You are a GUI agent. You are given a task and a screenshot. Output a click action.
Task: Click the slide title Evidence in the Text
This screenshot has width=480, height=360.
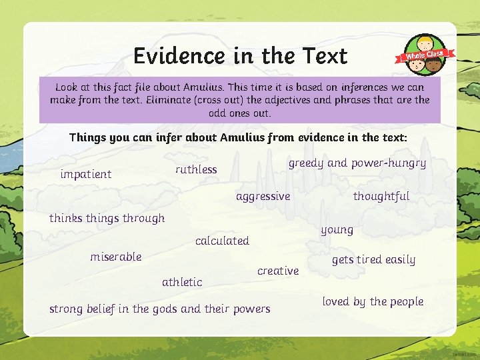(240, 55)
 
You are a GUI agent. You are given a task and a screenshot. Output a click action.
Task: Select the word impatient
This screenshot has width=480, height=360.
(86, 174)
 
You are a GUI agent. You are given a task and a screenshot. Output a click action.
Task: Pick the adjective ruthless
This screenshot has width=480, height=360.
(196, 169)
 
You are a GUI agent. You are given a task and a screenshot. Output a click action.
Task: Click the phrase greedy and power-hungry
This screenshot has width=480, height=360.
(357, 163)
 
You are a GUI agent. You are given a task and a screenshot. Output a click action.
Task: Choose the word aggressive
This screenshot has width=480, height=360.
(263, 196)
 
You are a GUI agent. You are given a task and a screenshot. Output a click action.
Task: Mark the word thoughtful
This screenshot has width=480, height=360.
(381, 196)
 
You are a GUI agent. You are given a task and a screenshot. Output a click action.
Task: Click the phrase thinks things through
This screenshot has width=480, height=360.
(107, 218)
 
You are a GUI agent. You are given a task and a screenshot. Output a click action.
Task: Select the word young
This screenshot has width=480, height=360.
(337, 230)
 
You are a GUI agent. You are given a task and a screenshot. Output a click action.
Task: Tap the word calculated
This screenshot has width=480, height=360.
(222, 241)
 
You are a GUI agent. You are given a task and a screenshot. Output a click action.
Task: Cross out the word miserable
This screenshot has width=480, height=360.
(116, 257)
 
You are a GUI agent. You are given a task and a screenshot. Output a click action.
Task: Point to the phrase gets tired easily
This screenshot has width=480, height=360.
(373, 259)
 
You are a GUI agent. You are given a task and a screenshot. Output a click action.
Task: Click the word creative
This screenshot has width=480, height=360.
(278, 271)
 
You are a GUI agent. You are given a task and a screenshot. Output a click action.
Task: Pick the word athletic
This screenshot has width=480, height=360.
(182, 282)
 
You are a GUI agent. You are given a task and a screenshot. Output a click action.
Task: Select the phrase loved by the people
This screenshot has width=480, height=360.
(373, 301)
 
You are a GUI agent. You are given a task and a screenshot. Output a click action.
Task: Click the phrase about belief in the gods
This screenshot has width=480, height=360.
(160, 309)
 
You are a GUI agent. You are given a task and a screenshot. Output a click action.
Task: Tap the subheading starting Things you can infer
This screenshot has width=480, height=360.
(238, 138)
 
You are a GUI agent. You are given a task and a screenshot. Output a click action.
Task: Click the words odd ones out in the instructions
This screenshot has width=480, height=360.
(239, 113)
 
